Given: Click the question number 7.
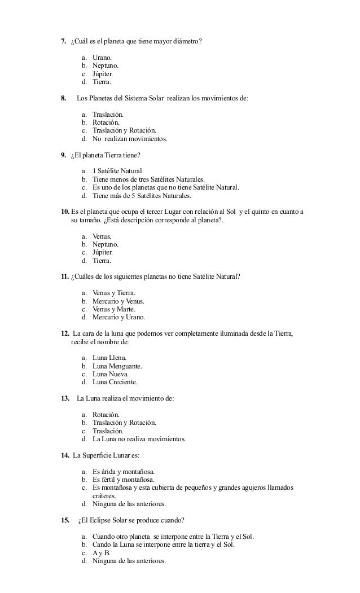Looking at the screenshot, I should click(x=64, y=42).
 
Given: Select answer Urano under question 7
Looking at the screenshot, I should click(x=102, y=58).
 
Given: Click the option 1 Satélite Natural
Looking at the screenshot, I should click(x=117, y=171).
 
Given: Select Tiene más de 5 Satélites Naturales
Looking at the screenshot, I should click(x=142, y=196).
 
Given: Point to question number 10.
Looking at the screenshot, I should click(x=65, y=212).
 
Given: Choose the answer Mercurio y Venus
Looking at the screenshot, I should click(x=118, y=301).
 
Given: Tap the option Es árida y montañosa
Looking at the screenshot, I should click(x=123, y=471).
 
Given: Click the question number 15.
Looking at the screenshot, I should click(x=65, y=520).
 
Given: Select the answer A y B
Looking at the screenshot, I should click(x=102, y=553).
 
